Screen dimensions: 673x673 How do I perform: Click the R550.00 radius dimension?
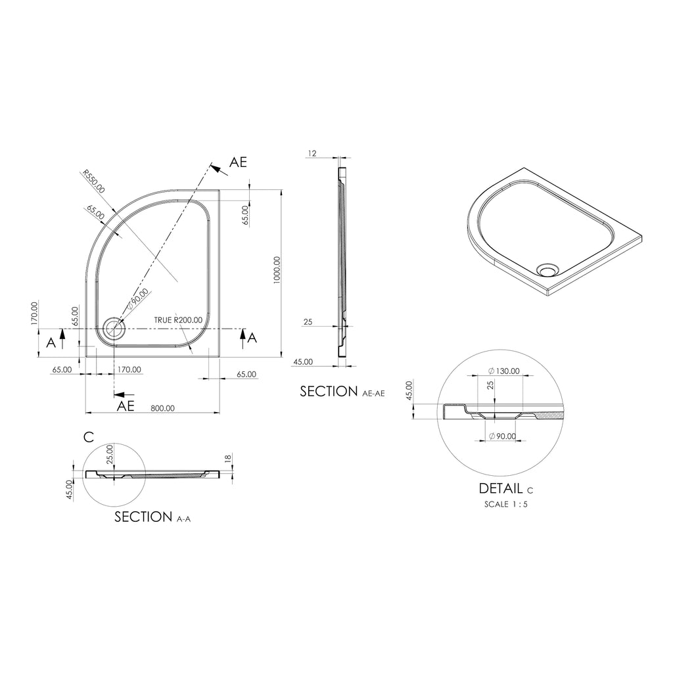(x=93, y=181)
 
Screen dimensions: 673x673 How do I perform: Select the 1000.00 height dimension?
(x=277, y=269)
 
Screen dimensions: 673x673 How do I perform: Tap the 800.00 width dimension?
(x=162, y=407)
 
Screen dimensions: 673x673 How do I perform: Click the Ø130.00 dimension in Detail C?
(x=504, y=371)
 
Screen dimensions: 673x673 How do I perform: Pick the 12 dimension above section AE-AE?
(x=312, y=153)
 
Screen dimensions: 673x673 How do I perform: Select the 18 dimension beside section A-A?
(x=228, y=459)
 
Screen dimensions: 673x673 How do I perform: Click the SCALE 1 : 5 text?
(x=505, y=504)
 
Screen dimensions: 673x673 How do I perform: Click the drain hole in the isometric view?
(x=546, y=269)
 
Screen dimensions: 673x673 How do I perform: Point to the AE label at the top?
(x=238, y=162)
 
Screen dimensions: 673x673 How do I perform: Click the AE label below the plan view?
(x=126, y=406)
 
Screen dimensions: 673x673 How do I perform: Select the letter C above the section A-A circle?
(x=89, y=436)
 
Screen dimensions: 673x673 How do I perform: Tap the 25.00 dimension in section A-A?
(x=110, y=453)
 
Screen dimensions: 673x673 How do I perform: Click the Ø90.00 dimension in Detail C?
(x=503, y=436)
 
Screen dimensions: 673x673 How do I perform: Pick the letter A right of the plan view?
(x=253, y=338)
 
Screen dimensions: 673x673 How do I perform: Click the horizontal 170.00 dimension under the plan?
(x=129, y=369)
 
